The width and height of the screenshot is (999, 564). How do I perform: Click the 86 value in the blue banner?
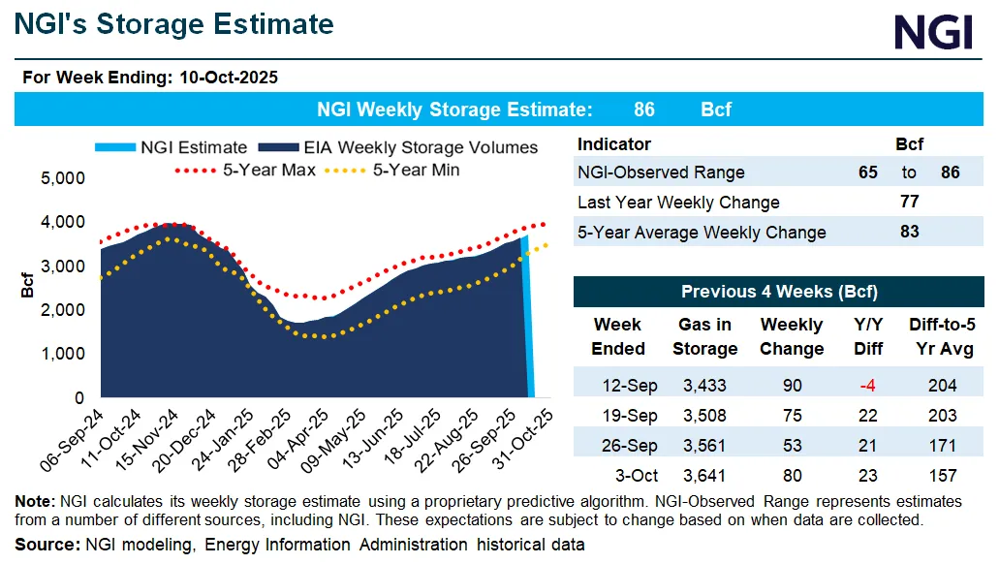point(643,110)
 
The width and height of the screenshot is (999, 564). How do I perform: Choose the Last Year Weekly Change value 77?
point(909,203)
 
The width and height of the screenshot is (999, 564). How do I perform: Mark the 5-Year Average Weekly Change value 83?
point(909,233)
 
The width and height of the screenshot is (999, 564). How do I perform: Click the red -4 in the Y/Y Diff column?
point(867,386)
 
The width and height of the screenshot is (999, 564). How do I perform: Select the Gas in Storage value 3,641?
point(705,476)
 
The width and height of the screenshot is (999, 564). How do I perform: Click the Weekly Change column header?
point(792,336)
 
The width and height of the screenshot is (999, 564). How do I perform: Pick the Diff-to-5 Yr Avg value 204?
point(941,386)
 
